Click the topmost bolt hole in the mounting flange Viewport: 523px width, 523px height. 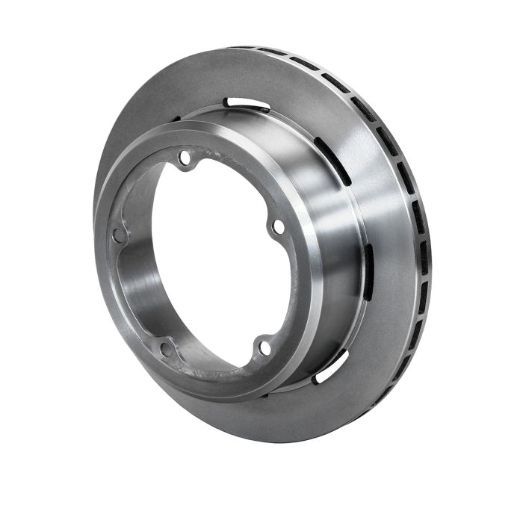click(x=185, y=158)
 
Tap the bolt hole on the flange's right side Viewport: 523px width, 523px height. click(x=278, y=226)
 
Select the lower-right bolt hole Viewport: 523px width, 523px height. click(x=263, y=347)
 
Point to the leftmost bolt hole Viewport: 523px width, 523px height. click(x=118, y=235)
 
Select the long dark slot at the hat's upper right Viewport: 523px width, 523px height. click(x=333, y=160)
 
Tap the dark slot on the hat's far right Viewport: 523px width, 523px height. click(x=368, y=272)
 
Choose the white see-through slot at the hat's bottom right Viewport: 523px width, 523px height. click(x=331, y=366)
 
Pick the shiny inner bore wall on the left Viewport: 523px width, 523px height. click(x=138, y=284)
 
